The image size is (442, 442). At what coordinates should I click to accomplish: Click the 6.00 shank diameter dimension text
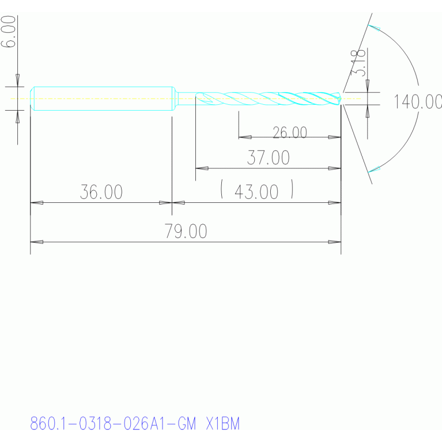pyautogui.click(x=8, y=31)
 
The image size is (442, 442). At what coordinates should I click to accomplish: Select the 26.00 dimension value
pyautogui.click(x=290, y=133)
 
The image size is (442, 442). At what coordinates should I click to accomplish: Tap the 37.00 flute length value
pyautogui.click(x=269, y=157)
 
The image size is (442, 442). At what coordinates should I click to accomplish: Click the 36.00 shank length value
pyautogui.click(x=101, y=192)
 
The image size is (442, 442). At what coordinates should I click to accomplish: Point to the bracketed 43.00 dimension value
pyautogui.click(x=256, y=192)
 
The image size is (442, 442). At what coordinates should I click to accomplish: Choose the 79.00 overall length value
pyautogui.click(x=186, y=231)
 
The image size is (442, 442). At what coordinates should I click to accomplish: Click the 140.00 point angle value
pyautogui.click(x=418, y=101)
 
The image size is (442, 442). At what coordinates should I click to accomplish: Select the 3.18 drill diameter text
pyautogui.click(x=358, y=63)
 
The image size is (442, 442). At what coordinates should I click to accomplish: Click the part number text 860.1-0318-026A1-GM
pyautogui.click(x=113, y=424)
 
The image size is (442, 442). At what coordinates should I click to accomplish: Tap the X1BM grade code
pyautogui.click(x=223, y=424)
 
